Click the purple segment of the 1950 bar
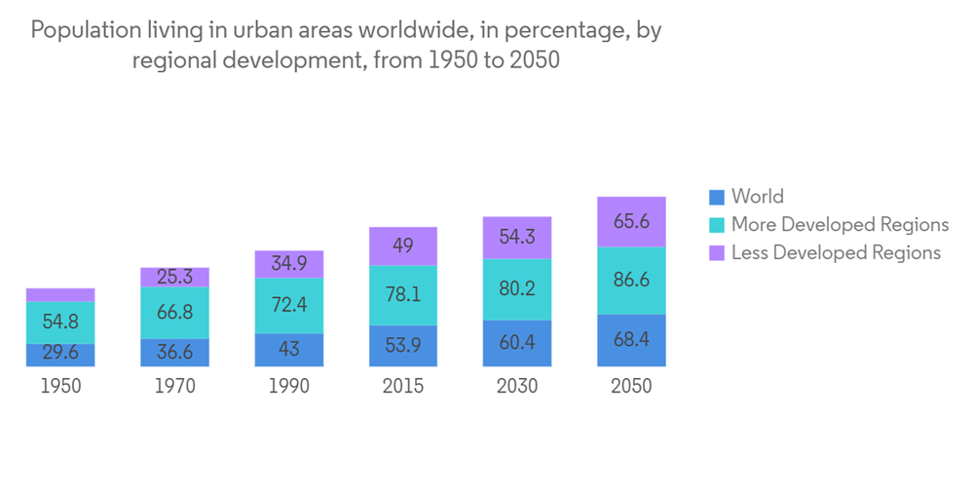point(60,294)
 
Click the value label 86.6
point(631,281)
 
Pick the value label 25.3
point(174,278)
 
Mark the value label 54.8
point(60,321)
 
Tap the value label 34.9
point(288,264)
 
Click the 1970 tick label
point(174,387)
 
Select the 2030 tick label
point(517,387)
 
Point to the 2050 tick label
point(631,387)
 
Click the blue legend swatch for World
point(718,197)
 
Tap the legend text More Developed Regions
point(840,225)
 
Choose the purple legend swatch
point(718,253)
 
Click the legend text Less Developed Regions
point(836,253)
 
